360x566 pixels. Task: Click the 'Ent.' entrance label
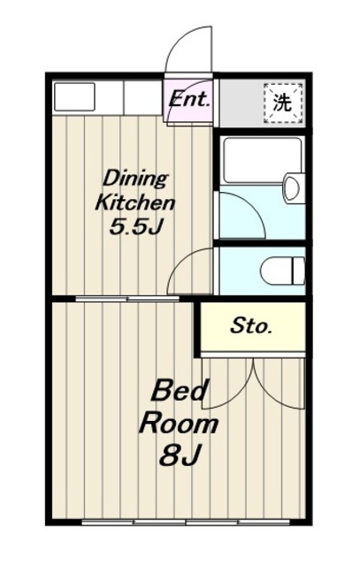pyautogui.click(x=189, y=99)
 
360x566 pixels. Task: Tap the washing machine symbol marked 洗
pyautogui.click(x=283, y=103)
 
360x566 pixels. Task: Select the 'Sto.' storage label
pyautogui.click(x=251, y=325)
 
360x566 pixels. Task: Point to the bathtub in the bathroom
pyautogui.click(x=262, y=160)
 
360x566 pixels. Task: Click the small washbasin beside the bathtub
pyautogui.click(x=293, y=187)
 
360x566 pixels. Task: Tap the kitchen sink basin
pyautogui.click(x=75, y=96)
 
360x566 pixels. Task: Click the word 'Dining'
pyautogui.click(x=135, y=179)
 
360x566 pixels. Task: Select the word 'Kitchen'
pyautogui.click(x=134, y=203)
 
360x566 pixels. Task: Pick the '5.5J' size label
pyautogui.click(x=135, y=227)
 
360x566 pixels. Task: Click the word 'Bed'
pyautogui.click(x=180, y=390)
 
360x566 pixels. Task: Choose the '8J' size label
pyautogui.click(x=180, y=455)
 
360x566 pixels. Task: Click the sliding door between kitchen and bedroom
pyautogui.click(x=127, y=299)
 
